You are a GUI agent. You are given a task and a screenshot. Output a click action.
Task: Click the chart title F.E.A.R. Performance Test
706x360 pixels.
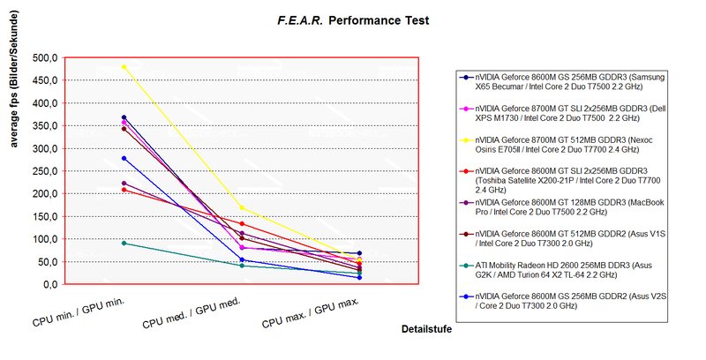pos(352,19)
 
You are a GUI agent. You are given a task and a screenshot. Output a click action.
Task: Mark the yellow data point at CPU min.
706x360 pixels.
pos(124,67)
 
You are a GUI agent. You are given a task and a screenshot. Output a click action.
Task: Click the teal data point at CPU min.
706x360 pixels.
pos(124,243)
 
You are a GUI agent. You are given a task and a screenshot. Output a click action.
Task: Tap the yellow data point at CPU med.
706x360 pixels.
pos(242,208)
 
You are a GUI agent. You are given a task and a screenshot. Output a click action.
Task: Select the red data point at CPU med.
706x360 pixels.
pos(242,223)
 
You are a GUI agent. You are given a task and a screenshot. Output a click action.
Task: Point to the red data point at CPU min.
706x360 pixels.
pos(124,190)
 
